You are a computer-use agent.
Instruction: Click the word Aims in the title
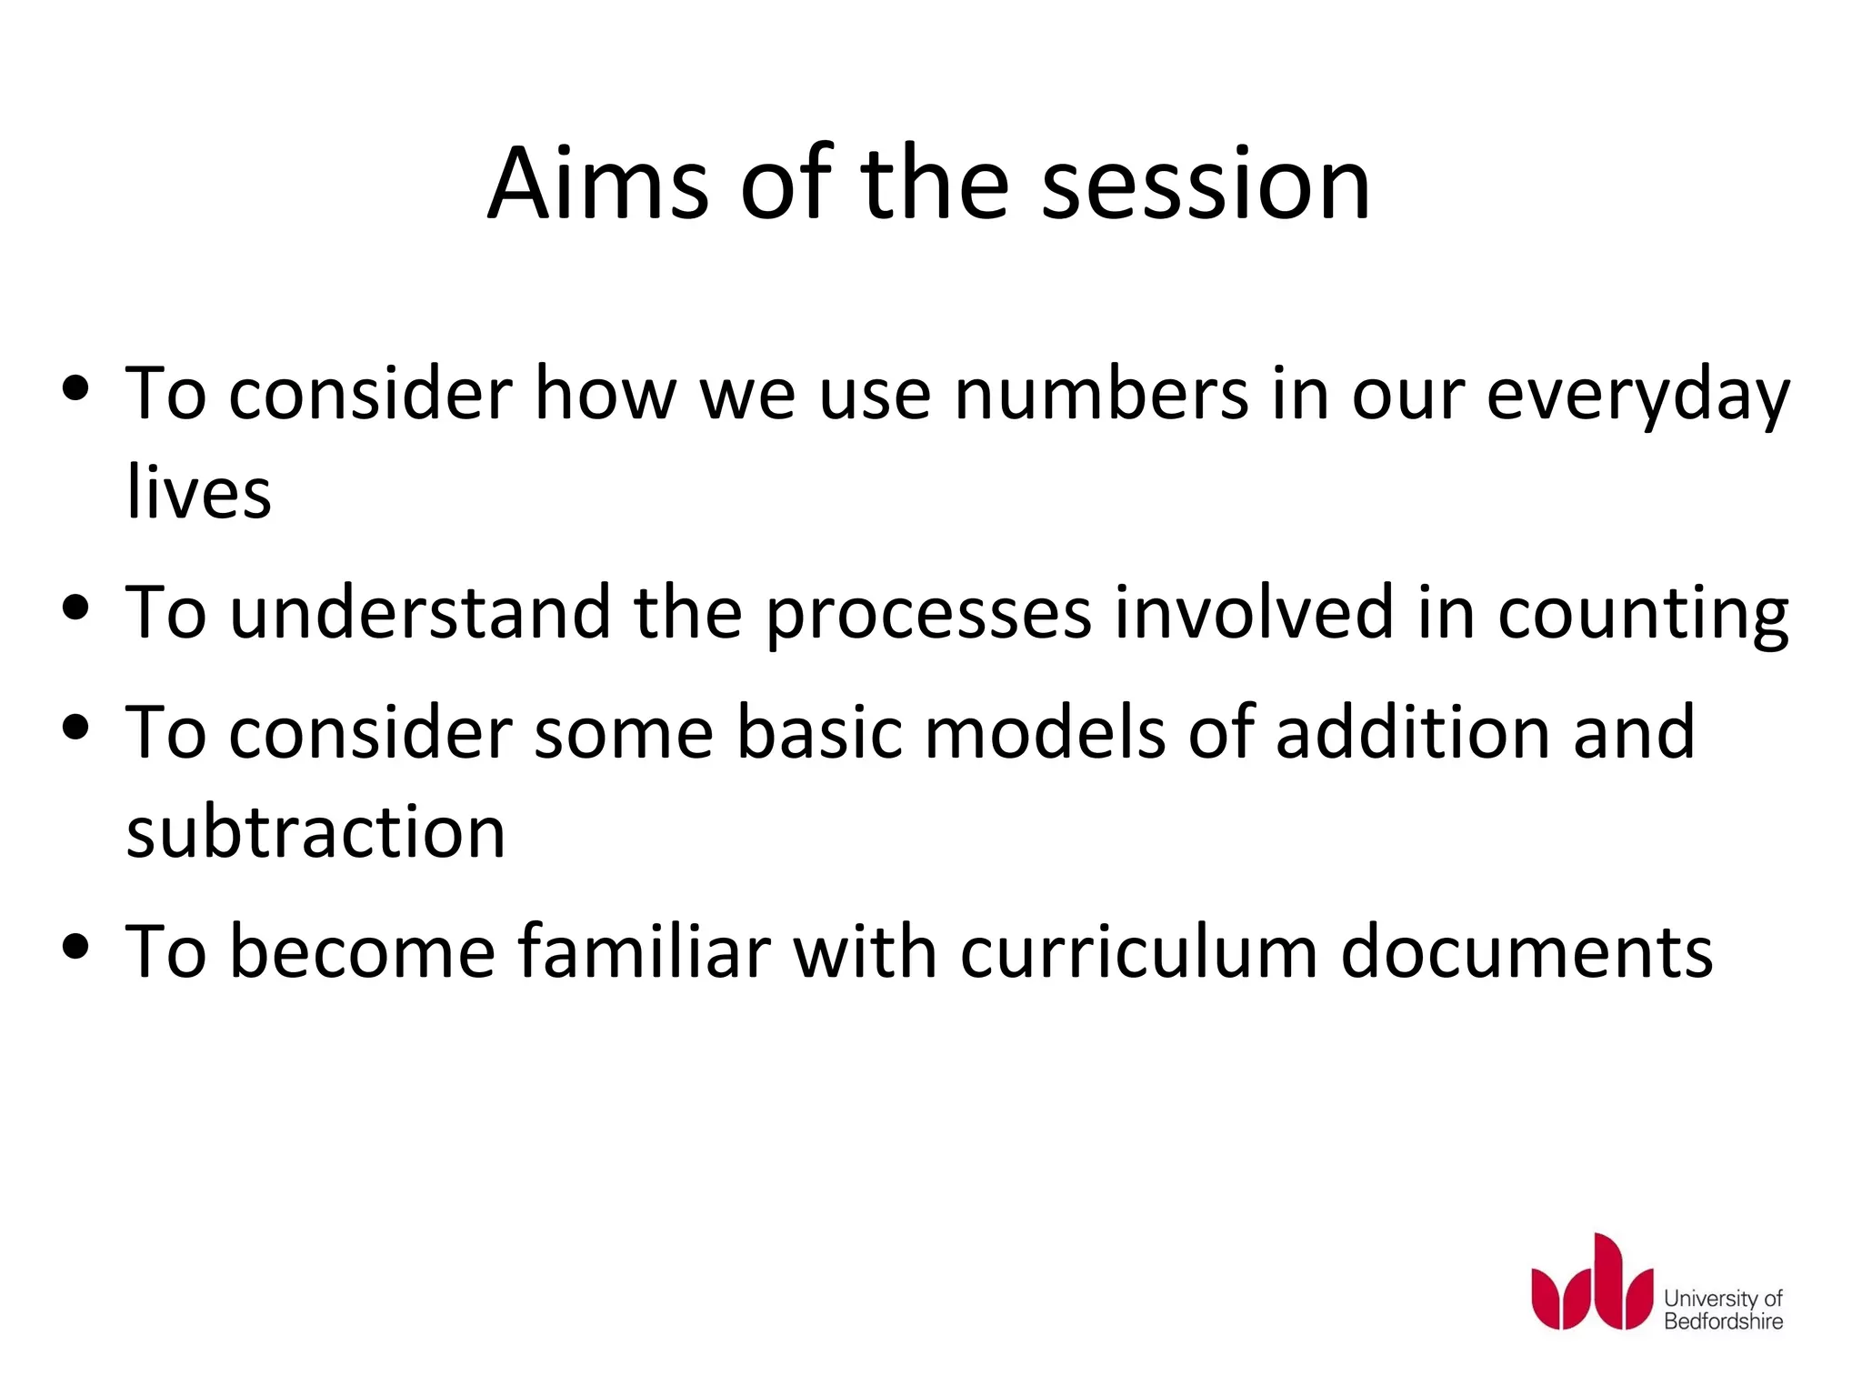click(x=597, y=185)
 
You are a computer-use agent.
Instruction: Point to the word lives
click(x=199, y=492)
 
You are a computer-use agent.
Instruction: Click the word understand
click(x=420, y=612)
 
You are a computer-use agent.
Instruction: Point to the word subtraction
click(x=315, y=831)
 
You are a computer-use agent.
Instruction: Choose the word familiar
click(x=644, y=952)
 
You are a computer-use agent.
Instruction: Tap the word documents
click(x=1527, y=952)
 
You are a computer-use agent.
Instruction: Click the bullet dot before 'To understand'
click(x=76, y=608)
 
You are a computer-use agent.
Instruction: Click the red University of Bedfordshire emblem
click(x=1591, y=1283)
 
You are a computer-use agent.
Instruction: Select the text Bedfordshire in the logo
click(x=1723, y=1322)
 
